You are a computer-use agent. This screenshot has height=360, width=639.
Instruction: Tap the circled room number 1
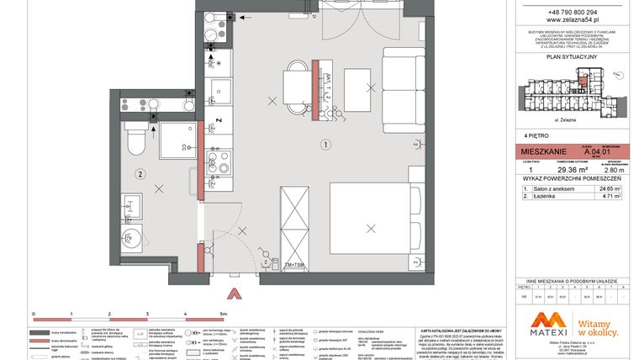325,144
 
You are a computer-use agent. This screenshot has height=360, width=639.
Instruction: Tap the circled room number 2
140,174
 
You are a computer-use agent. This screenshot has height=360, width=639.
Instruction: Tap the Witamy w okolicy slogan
599,323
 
